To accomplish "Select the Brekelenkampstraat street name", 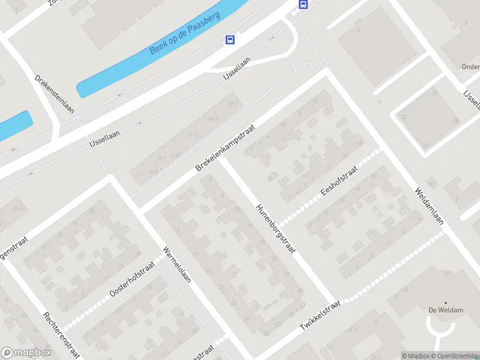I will [226, 148].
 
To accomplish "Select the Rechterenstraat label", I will [61, 335].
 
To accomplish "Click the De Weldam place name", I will [445, 310].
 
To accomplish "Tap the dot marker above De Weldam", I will [445, 302].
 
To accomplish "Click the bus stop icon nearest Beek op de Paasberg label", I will [229, 40].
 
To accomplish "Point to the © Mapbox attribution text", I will [415, 356].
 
